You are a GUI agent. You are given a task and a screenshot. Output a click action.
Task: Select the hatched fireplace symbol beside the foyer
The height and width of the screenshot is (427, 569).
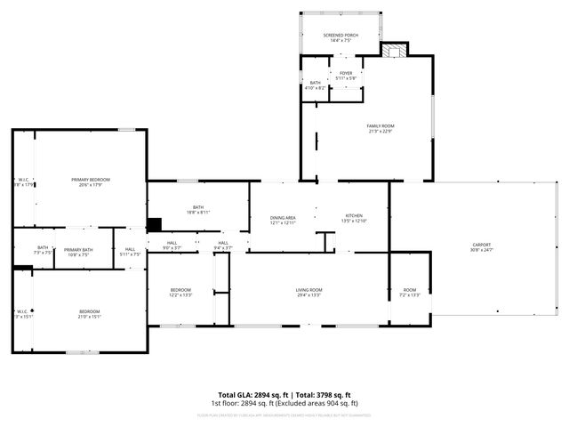click(x=394, y=51)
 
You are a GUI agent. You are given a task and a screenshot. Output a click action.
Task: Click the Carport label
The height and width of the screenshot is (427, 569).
click(x=482, y=246)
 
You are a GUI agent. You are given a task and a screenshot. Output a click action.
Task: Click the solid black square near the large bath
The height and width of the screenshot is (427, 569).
click(x=154, y=225)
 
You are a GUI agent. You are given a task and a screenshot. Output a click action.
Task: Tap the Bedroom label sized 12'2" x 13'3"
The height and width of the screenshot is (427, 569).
click(x=180, y=292)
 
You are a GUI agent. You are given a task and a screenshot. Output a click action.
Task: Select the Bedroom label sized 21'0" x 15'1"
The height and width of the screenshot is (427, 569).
click(x=89, y=313)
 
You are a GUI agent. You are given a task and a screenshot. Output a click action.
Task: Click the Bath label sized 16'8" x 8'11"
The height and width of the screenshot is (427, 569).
click(x=198, y=210)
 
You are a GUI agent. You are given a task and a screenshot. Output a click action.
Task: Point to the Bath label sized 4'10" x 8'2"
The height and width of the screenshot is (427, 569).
click(x=316, y=85)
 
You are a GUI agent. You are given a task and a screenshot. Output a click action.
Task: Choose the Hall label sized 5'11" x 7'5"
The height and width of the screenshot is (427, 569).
click(x=130, y=252)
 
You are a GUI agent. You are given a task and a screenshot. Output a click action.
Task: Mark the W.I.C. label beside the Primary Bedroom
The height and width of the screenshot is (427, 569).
click(x=24, y=182)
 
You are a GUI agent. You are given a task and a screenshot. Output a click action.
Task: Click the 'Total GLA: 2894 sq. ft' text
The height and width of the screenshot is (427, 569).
click(x=250, y=395)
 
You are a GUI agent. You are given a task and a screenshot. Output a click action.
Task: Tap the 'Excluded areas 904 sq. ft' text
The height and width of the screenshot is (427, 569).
click(x=323, y=403)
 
